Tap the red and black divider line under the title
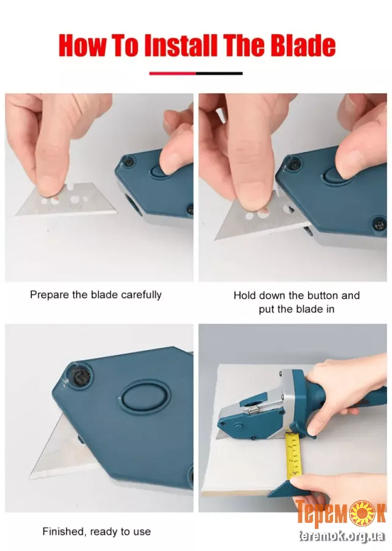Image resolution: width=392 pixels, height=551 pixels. [196, 73]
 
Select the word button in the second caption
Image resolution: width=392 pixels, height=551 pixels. [315, 295]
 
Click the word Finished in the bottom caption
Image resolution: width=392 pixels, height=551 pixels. [64, 531]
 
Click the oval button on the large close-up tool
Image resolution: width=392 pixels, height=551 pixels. [145, 401]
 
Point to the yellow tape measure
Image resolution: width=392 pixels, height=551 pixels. [295, 455]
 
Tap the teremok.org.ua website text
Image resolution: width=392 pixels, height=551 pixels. [341, 536]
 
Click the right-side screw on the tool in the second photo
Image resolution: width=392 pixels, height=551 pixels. [379, 222]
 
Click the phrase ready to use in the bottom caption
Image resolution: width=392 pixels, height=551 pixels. [120, 531]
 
